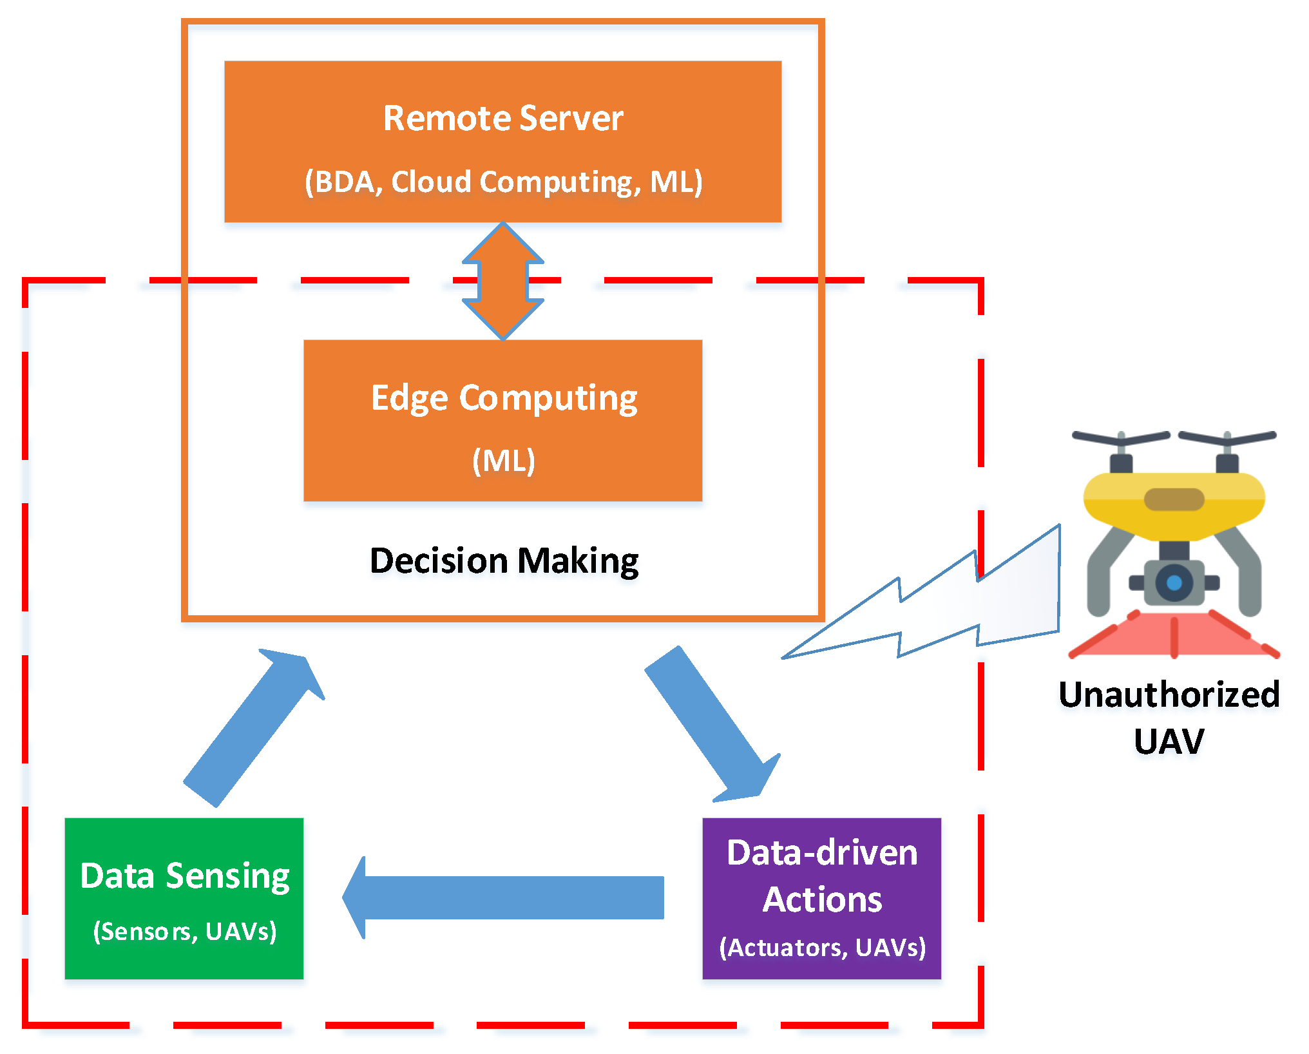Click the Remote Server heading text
click(x=502, y=119)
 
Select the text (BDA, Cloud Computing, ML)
click(x=502, y=182)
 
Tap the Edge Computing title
click(x=503, y=398)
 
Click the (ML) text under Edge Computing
click(x=503, y=461)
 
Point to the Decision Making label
click(x=503, y=561)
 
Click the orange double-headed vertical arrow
click(x=503, y=281)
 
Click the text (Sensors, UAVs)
click(x=185, y=932)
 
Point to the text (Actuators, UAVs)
click(x=822, y=948)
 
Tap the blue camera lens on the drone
click(x=1174, y=583)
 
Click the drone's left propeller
click(x=1121, y=438)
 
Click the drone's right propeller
click(x=1227, y=438)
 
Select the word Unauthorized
click(x=1169, y=695)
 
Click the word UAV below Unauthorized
click(x=1169, y=741)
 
